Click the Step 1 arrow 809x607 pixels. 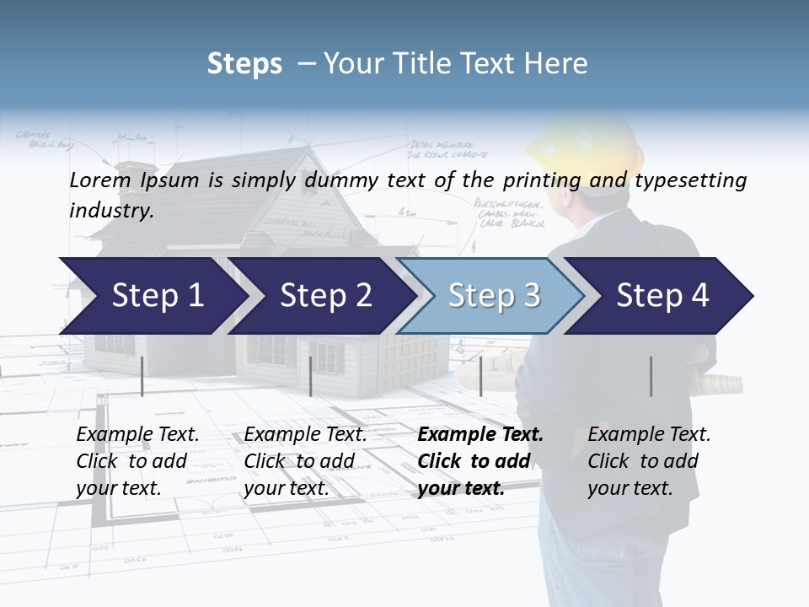coord(157,296)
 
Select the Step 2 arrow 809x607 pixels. coord(325,296)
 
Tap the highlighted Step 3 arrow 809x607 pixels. coord(493,296)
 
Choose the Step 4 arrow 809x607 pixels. coord(662,296)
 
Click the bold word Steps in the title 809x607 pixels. coord(244,64)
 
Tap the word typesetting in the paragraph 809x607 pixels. coord(696,180)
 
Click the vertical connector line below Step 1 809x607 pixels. coord(142,376)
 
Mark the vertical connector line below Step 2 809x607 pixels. coord(311,376)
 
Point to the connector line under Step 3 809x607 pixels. coord(480,376)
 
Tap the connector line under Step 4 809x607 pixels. coord(651,376)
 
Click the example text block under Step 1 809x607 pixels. coord(137,461)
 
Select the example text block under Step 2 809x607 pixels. coord(305,461)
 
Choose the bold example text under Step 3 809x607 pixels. coord(480,461)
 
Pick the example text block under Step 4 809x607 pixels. coord(649,461)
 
